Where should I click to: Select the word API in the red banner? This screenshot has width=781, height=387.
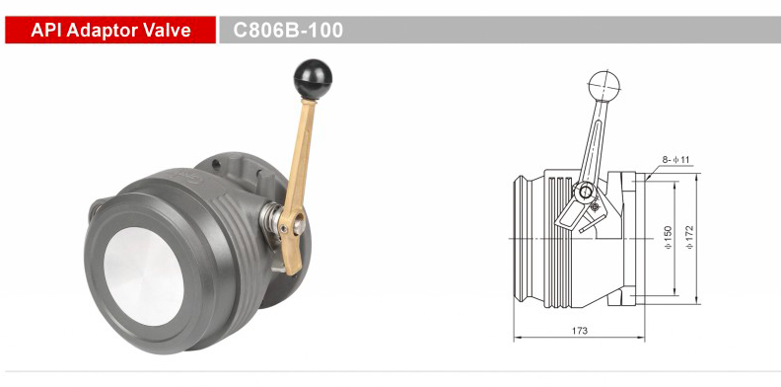pyautogui.click(x=47, y=31)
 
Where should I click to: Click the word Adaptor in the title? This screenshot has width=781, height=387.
pyautogui.click(x=110, y=31)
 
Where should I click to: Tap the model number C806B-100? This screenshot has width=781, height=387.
pyautogui.click(x=288, y=31)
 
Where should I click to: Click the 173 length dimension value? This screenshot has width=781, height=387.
pyautogui.click(x=579, y=330)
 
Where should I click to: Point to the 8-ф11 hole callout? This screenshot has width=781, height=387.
pyautogui.click(x=674, y=158)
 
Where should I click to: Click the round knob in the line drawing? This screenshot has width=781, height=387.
pyautogui.click(x=602, y=85)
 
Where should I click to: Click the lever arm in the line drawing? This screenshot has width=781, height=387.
pyautogui.click(x=594, y=143)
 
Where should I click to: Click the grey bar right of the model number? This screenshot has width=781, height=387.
pyautogui.click(x=562, y=31)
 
